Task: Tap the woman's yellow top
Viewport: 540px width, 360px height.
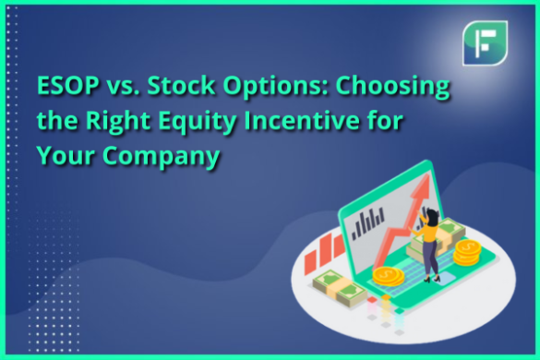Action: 428,234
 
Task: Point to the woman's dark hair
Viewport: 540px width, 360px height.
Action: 428,215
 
